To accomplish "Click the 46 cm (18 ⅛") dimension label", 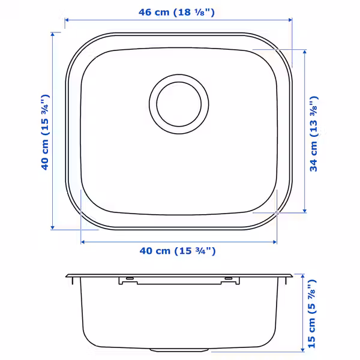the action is click(x=176, y=12).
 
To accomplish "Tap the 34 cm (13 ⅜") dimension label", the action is click(x=314, y=134).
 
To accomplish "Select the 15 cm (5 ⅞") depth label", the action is click(x=311, y=314).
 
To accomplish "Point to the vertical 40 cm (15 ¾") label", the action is click(x=45, y=132).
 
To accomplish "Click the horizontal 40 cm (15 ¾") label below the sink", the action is click(x=178, y=251).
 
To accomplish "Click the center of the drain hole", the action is click(x=179, y=104).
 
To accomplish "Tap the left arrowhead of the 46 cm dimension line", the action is click(x=67, y=20).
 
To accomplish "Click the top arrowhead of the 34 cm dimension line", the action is click(x=305, y=52).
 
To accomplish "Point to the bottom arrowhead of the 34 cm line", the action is click(x=305, y=211).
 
